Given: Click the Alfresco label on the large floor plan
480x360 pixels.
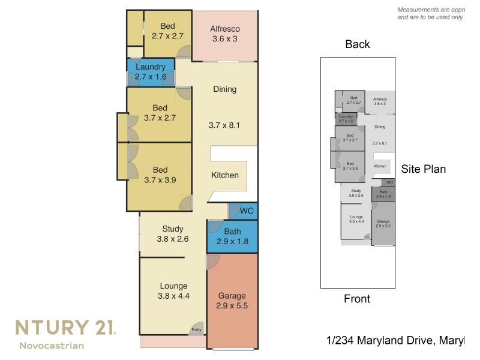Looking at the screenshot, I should point(225,29).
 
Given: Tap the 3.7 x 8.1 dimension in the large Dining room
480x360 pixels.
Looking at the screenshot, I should point(224,126).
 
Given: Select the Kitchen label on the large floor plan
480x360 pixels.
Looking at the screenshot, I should point(225,175).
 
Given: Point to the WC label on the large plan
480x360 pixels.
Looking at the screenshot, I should point(247,211).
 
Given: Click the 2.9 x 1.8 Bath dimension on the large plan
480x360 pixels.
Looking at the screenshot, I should point(232,242).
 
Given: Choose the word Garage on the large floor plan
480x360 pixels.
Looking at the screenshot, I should point(232,296).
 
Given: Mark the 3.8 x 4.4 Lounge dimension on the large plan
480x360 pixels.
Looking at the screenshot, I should point(173,296).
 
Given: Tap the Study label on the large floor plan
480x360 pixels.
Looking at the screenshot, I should point(173,229).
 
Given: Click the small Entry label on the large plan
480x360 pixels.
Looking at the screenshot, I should point(196,330).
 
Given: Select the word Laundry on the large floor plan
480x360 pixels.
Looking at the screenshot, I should point(150,67).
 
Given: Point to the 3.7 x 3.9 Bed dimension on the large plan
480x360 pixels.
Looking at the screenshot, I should point(160,179).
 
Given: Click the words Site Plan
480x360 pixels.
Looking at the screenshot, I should point(423,169).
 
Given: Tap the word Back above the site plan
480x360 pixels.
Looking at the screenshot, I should point(358,44).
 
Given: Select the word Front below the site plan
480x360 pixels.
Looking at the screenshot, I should point(357,299).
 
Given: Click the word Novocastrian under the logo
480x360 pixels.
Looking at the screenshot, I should point(52,346).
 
